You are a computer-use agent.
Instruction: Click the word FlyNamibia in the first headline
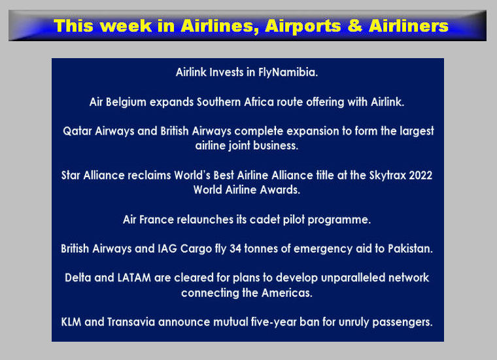(x=288, y=73)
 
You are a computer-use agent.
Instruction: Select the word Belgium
(x=126, y=103)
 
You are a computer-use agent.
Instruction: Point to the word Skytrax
(x=387, y=175)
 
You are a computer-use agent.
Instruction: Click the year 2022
(x=420, y=175)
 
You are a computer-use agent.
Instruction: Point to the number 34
(x=235, y=248)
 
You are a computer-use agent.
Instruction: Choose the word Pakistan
(x=410, y=248)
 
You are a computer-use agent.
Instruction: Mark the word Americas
(x=287, y=293)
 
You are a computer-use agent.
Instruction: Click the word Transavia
(x=131, y=322)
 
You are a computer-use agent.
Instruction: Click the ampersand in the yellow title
(x=355, y=26)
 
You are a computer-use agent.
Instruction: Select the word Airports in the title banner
(x=303, y=27)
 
